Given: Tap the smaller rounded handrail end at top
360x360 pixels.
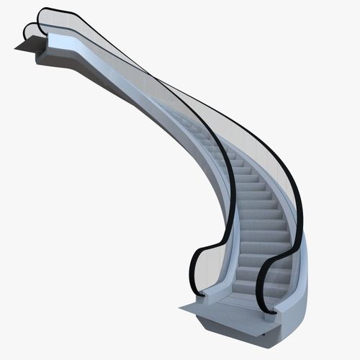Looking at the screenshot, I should [28, 30].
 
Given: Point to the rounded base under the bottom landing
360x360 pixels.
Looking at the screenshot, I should [245, 331].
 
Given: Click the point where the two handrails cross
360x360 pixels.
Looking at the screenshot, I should [155, 79].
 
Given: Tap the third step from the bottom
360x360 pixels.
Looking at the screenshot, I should [259, 263].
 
